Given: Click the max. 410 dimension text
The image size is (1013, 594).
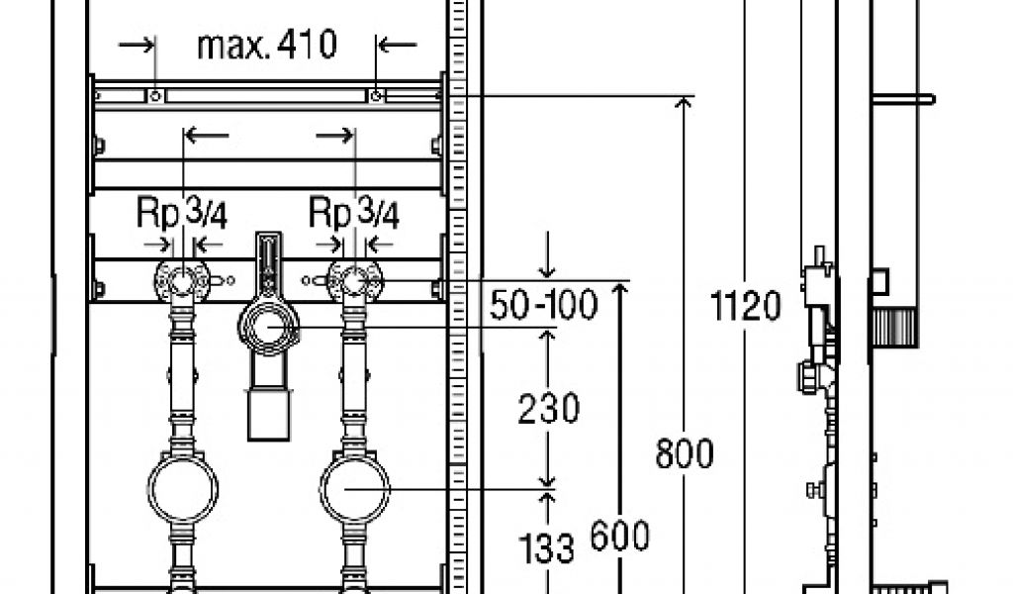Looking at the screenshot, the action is [267, 46].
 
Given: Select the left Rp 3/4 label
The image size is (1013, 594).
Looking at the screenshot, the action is [182, 213].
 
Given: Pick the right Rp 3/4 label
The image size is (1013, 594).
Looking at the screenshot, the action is [354, 213].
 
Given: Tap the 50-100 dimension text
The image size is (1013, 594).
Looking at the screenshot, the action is [543, 305].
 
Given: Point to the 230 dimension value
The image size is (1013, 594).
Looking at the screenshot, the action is [548, 409].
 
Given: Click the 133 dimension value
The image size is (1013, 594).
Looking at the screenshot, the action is [546, 548].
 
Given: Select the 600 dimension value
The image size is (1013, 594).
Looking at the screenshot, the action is [619, 536].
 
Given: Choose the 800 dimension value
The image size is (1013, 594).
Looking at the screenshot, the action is [685, 453].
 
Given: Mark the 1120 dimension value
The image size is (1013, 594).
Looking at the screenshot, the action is [746, 306].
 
